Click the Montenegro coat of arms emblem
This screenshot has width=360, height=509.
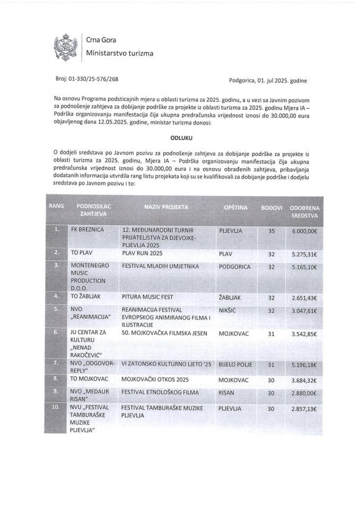pos(66,47)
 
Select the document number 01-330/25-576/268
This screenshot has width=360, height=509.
pos(93,79)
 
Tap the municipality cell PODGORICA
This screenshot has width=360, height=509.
pos(234,267)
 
